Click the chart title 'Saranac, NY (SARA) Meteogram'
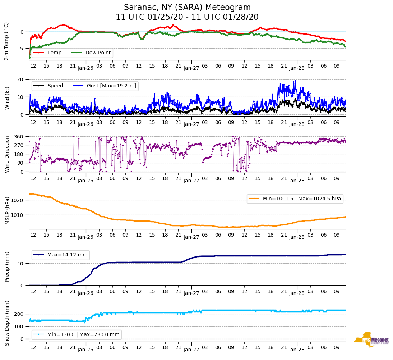187,8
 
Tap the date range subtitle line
187,17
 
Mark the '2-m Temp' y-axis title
6,41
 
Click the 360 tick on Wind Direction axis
19,137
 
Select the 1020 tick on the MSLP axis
18,200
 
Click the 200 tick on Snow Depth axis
19,314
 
